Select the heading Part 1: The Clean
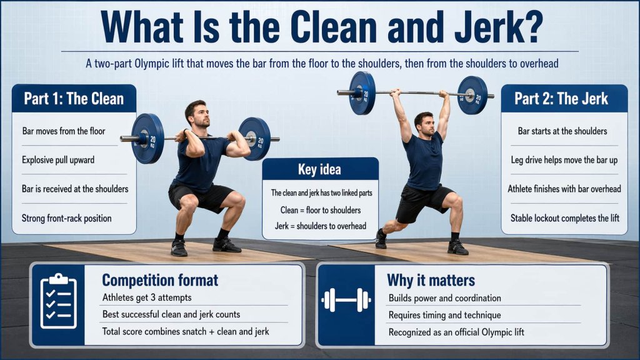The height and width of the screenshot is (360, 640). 74,98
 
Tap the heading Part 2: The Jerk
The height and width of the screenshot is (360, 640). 561,98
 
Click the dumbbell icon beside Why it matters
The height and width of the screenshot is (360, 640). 346,301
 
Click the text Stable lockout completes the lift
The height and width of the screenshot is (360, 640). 564,218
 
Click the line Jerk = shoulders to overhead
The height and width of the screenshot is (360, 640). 320,225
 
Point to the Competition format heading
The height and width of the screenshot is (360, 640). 160,280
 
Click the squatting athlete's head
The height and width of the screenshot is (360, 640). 196,112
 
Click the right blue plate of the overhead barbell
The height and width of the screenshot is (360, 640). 472,95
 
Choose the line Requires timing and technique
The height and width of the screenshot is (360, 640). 444,315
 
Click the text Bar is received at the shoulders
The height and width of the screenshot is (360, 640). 74,189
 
